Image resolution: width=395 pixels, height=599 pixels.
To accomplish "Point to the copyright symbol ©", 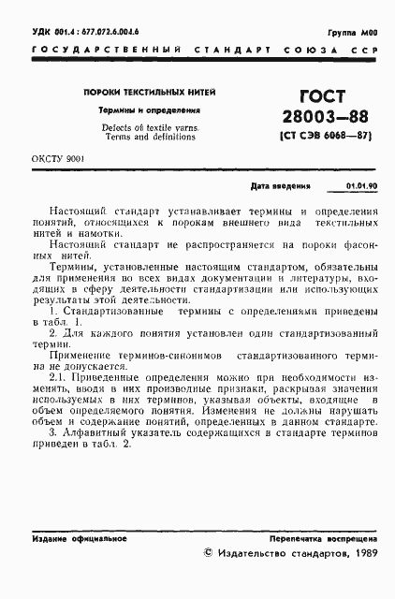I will pos(209,554).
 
